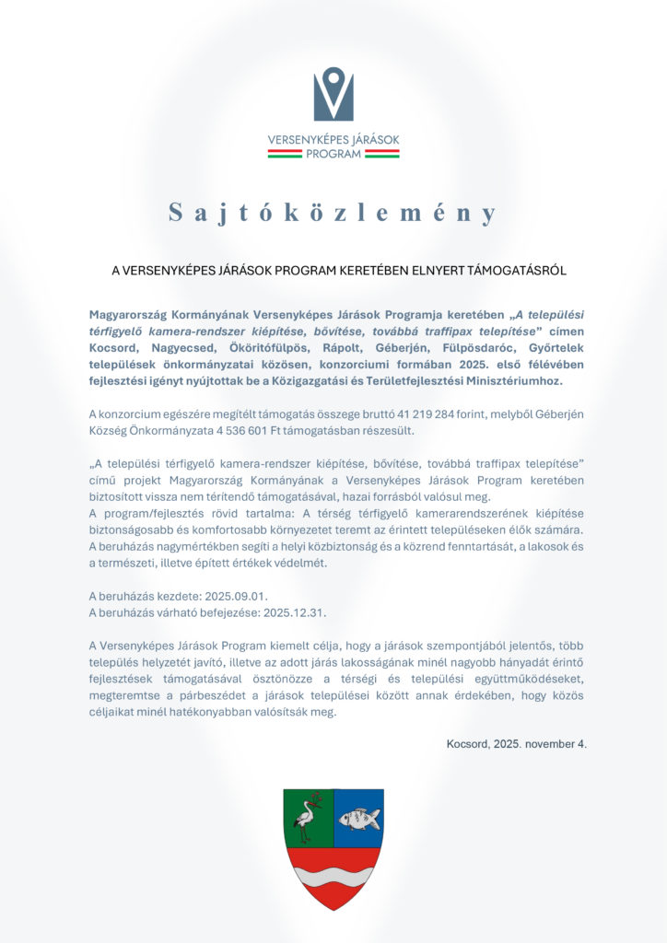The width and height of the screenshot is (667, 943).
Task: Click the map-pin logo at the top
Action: [x=333, y=95]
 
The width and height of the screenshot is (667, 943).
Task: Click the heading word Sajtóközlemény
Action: [x=333, y=214]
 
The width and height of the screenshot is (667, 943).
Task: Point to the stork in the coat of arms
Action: [x=309, y=817]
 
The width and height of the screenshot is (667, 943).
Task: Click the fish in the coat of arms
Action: [x=358, y=818]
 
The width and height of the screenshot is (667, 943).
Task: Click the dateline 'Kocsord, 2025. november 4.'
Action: [x=516, y=743]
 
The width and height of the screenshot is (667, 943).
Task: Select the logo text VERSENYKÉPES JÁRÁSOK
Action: [x=333, y=140]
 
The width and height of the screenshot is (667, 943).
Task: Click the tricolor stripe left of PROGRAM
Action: [x=284, y=155]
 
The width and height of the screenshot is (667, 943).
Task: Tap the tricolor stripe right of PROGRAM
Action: [x=381, y=155]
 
